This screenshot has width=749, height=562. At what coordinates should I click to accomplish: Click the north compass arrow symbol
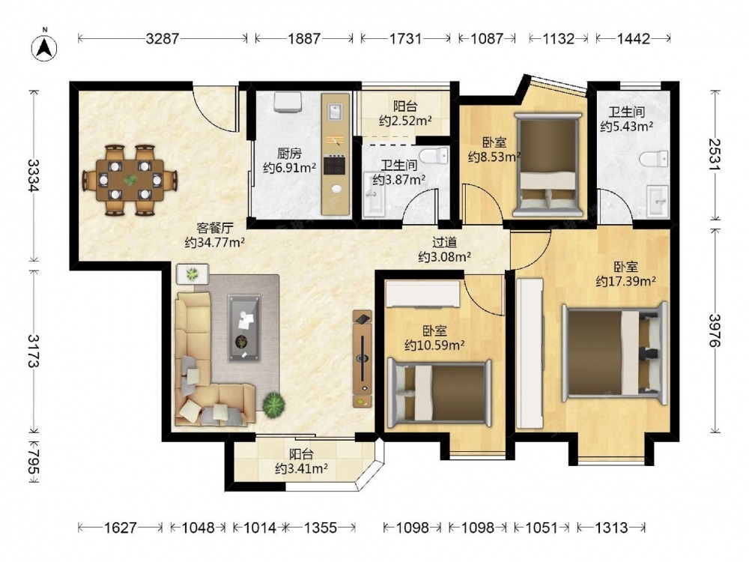[x=44, y=47]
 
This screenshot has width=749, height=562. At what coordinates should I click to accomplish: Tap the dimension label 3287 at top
[x=163, y=38]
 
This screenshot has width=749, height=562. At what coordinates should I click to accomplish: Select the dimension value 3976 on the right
[x=715, y=330]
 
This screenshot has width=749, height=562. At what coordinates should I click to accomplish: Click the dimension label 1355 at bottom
[x=321, y=528]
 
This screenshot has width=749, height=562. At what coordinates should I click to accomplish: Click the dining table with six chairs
[x=130, y=180]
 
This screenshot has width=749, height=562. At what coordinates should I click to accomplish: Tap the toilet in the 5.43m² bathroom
[x=654, y=158]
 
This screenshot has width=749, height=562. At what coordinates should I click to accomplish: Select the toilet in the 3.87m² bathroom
[x=434, y=155]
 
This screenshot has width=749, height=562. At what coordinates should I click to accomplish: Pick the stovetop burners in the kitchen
[x=334, y=165]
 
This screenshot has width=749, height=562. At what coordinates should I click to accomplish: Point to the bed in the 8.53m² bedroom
[x=548, y=166]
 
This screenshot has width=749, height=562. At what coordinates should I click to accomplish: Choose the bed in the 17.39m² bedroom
[x=614, y=353]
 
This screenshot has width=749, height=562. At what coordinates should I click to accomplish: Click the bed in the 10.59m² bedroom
[x=439, y=393]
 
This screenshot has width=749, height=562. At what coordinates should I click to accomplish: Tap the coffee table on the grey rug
[x=244, y=328]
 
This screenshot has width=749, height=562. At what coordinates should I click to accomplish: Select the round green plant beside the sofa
[x=273, y=405]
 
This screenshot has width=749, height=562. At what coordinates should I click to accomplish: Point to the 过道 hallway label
[x=444, y=242]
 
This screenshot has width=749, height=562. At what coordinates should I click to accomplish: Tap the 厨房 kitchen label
[x=289, y=154]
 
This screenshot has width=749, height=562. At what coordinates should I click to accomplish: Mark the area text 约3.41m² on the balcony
[x=301, y=469]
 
